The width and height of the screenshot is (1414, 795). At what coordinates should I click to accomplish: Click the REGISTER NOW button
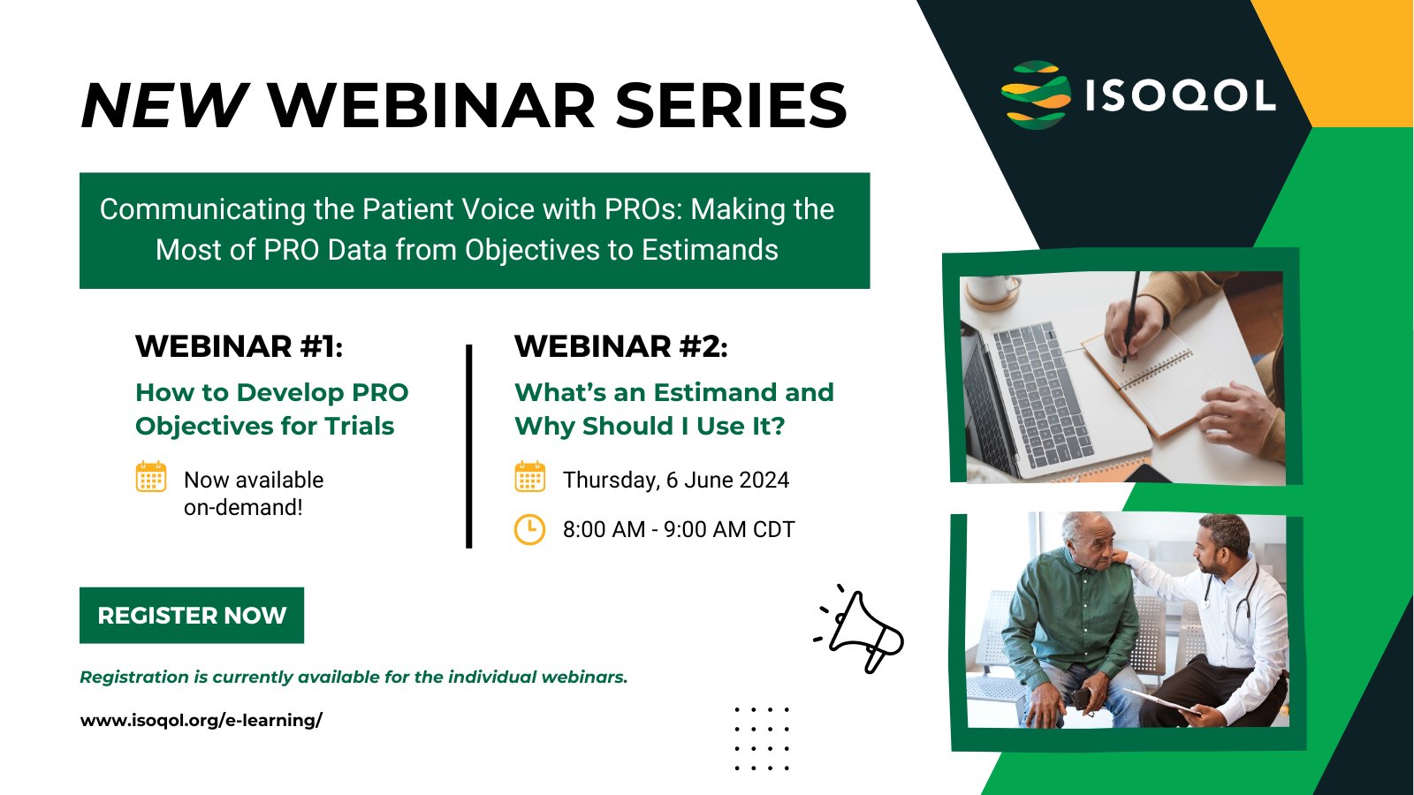point(191,615)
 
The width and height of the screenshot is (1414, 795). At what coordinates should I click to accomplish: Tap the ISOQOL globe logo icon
point(1035,95)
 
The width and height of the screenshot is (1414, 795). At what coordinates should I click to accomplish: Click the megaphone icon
point(860,629)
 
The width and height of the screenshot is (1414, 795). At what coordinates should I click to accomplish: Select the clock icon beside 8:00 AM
point(529,529)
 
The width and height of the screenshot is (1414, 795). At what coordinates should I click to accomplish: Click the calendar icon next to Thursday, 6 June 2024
point(529,476)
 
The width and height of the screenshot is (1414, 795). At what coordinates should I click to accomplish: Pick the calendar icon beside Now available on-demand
point(151,476)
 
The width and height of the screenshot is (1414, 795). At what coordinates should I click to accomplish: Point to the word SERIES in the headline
point(731,105)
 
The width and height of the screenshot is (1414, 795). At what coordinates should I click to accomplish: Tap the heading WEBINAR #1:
point(239,346)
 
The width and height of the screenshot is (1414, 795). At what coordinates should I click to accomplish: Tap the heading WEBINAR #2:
point(621,346)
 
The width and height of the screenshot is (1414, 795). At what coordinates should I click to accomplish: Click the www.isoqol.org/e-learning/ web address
point(201,720)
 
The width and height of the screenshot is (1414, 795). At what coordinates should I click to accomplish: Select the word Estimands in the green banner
point(710,250)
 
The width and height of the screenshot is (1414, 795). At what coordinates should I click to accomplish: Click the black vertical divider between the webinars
point(469,446)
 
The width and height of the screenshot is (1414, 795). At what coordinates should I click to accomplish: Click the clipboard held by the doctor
point(1160,701)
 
